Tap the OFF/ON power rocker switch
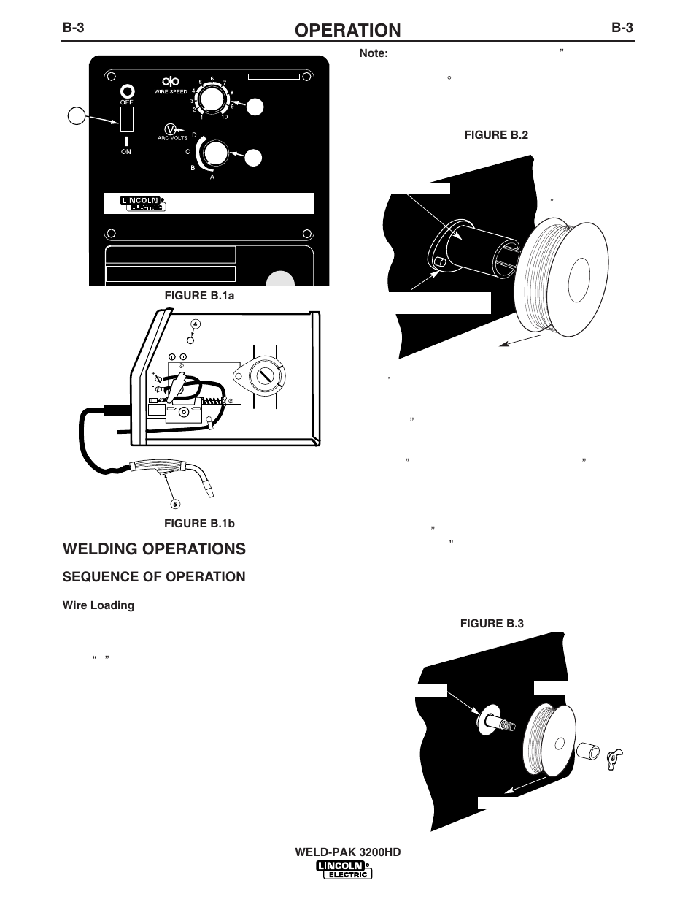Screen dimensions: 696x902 126,119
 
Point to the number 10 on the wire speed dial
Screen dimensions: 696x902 224,117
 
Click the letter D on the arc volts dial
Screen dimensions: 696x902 194,135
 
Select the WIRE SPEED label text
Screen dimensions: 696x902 171,92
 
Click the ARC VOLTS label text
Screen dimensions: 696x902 172,138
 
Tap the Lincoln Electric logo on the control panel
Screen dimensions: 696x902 143,203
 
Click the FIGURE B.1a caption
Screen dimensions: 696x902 199,296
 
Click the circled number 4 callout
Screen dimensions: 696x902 196,324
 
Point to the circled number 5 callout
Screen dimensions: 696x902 175,504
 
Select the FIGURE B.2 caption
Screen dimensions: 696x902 496,135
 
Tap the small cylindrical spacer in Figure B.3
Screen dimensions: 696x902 588,752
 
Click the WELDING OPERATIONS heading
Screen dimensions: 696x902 154,549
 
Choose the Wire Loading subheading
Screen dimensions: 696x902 98,605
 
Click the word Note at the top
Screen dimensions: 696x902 374,53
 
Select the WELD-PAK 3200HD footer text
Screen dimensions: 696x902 348,852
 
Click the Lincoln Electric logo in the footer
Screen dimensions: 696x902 344,871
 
